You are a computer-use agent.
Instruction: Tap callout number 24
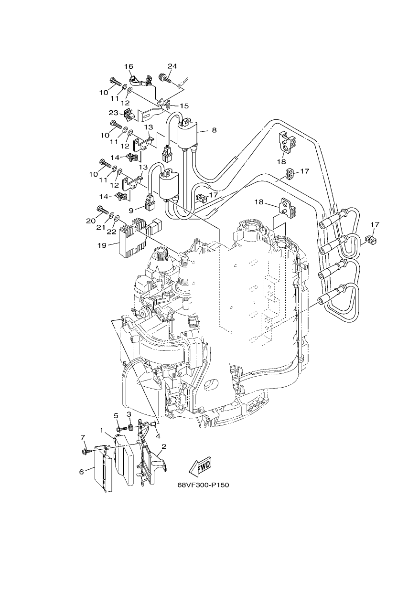coord(172,66)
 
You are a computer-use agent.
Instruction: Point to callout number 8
coord(214,130)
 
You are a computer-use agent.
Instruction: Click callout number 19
coord(102,245)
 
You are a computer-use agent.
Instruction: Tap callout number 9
coord(131,211)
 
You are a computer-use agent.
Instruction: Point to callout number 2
coord(164,447)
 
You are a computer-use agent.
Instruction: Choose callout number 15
coord(184,106)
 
